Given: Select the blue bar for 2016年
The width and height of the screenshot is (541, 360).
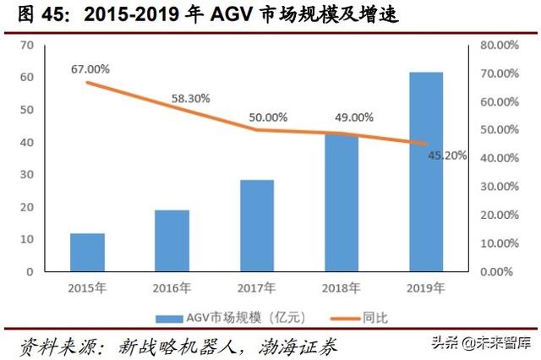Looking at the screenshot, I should (x=172, y=241).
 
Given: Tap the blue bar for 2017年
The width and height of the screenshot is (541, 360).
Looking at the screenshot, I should (x=256, y=226).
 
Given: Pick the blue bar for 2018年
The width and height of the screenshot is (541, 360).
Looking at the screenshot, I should (x=342, y=203).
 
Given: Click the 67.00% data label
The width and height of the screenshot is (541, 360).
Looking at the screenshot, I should (x=90, y=68).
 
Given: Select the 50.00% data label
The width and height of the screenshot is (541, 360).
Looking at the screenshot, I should (x=268, y=117).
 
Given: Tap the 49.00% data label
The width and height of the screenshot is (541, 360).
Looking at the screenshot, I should (x=353, y=117).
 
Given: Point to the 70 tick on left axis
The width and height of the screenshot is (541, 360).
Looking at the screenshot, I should (x=26, y=45).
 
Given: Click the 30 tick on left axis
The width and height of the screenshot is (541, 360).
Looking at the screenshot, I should (x=26, y=175).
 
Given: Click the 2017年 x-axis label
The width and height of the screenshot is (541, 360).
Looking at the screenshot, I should (x=256, y=288).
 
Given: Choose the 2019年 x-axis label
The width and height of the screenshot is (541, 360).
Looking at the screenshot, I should (x=426, y=288).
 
